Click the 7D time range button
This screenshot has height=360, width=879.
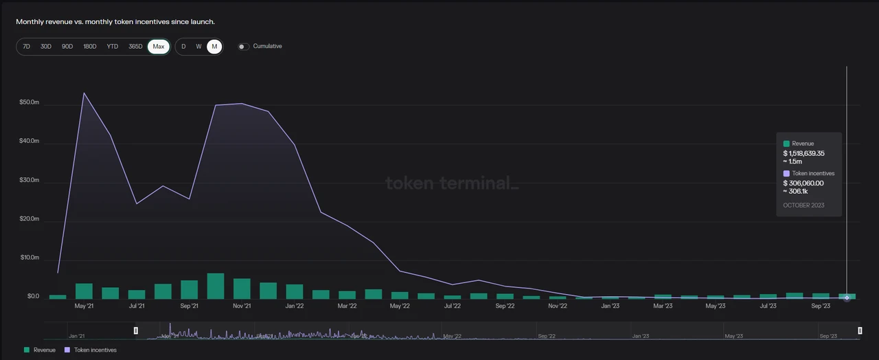click(27, 46)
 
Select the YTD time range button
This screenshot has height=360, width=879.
click(113, 46)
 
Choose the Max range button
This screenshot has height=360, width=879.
click(159, 46)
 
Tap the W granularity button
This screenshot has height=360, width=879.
click(198, 46)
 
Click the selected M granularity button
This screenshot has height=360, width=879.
click(214, 46)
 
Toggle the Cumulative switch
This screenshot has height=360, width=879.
click(243, 46)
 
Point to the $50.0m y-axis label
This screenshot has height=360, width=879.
click(30, 102)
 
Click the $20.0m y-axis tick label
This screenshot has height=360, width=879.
click(30, 219)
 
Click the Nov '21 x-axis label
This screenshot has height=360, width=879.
click(242, 306)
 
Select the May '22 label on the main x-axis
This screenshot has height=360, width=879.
click(400, 306)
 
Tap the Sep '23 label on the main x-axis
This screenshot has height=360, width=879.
click(821, 306)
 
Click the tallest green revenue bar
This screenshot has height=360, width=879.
click(216, 286)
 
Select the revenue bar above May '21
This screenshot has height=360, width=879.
click(84, 291)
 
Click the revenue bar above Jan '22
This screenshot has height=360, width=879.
click(295, 292)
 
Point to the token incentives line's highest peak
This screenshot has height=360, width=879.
click(84, 93)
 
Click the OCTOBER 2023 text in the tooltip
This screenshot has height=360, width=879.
click(803, 205)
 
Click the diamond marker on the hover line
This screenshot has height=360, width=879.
click(847, 297)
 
